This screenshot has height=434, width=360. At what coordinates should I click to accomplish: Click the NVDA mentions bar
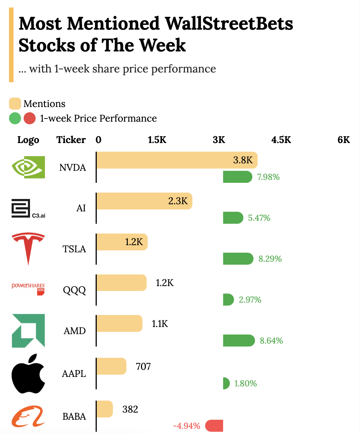[176, 160]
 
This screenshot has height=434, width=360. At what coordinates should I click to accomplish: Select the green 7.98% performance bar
[237, 177]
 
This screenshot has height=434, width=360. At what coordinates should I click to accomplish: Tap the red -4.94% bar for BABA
[214, 426]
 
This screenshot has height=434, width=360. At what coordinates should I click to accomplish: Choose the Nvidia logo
[28, 167]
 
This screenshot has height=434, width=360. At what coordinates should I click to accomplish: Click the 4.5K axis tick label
[281, 140]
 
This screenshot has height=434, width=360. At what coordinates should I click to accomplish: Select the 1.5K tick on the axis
[157, 140]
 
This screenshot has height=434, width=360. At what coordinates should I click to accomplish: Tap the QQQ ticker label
[74, 290]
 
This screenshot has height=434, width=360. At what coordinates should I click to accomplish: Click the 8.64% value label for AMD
[271, 341]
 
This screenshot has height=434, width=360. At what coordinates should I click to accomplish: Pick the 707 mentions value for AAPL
[143, 366]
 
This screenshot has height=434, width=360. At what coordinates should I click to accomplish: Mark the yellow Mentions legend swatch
[15, 104]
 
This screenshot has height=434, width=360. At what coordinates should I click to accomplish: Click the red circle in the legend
[30, 118]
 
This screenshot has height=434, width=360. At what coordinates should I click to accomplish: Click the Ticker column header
[71, 140]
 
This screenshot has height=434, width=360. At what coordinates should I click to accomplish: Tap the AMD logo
[28, 331]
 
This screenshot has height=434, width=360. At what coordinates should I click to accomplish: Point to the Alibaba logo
[28, 416]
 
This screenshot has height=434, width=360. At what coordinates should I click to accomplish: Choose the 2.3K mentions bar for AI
[144, 201]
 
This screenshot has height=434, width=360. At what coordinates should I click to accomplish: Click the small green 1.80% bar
[226, 383]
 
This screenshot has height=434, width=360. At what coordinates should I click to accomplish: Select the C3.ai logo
[28, 209]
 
